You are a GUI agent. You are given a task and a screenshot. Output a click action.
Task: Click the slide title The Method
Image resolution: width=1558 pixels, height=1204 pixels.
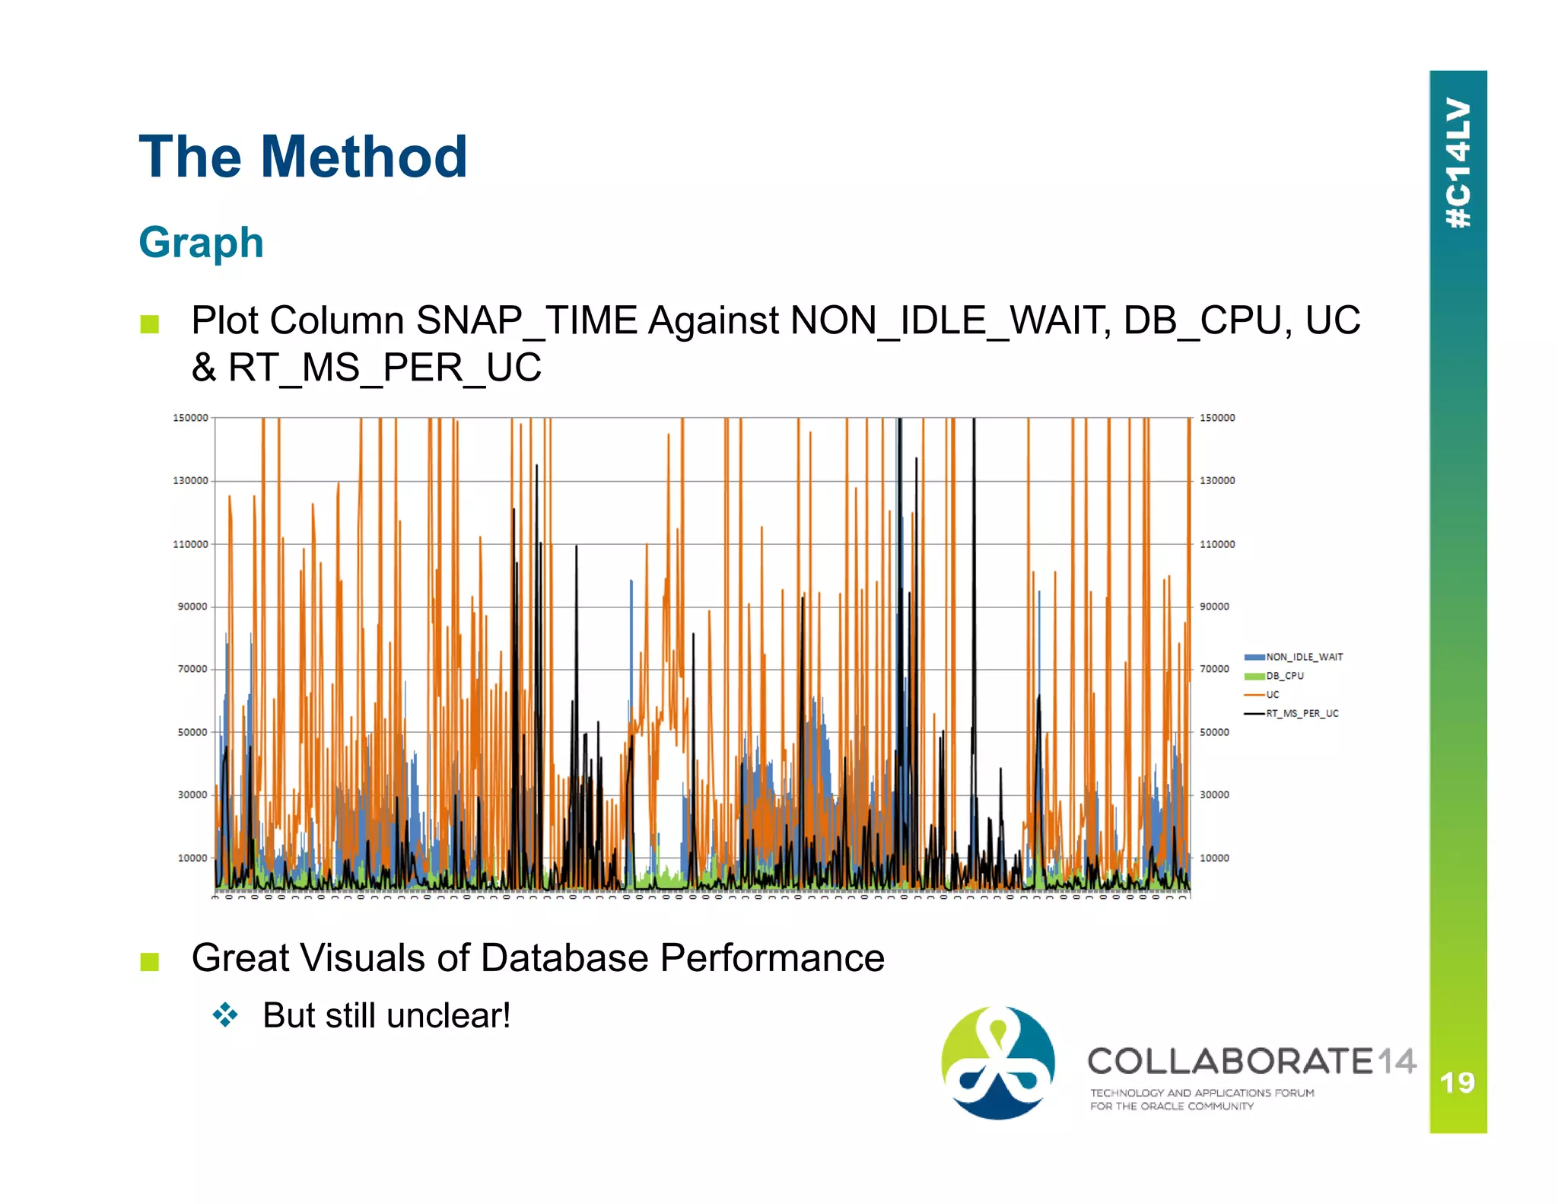coord(303,157)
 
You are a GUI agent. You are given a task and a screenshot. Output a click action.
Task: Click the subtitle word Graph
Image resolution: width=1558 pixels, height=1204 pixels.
coord(201,243)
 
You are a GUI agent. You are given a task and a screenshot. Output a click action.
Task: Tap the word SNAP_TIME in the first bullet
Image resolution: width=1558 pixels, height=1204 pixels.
coord(526,320)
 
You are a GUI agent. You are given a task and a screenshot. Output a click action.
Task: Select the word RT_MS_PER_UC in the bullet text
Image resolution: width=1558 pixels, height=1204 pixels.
coord(385,368)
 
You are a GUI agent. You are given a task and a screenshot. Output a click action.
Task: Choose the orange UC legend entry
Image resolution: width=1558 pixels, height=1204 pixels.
coord(1272,695)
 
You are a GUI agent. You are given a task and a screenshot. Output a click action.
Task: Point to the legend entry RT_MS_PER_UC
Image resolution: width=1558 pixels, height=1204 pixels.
coord(1302,714)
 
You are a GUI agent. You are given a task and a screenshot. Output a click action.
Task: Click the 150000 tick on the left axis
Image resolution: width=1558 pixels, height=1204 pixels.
coord(190,418)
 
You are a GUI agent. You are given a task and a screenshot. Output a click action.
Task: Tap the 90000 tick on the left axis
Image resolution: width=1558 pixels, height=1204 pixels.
coord(192,607)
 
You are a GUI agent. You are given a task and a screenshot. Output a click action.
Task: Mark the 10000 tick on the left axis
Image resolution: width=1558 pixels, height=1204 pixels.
coord(192,858)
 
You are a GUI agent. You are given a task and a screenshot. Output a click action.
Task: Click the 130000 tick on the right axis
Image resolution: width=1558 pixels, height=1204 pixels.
coord(1217,480)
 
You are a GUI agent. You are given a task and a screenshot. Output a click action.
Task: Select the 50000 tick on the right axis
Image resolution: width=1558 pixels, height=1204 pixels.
coord(1214,732)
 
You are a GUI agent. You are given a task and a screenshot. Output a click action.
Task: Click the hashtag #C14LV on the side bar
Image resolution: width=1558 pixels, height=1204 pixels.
coord(1458,163)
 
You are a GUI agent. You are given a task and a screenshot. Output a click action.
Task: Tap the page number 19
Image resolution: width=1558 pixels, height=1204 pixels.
coord(1457,1082)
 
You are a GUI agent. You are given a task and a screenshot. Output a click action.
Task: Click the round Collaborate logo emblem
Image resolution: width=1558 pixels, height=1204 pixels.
coord(997,1062)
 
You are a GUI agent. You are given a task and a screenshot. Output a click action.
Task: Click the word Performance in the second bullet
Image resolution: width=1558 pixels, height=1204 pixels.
coord(772,957)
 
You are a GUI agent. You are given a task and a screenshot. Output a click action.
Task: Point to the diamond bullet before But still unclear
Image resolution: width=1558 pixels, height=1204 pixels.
coord(226,1015)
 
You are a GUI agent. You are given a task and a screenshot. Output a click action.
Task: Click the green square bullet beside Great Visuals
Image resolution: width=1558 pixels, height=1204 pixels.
coord(150,962)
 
